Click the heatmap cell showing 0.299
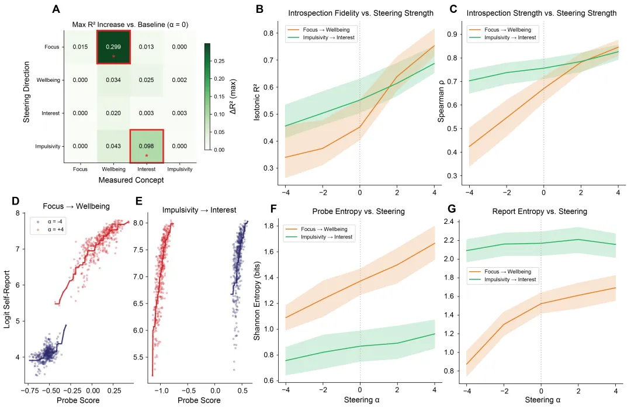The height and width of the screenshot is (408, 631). tap(113, 46)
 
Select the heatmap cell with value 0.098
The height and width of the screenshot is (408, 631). tap(146, 146)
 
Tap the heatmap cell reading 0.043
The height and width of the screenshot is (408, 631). tap(113, 146)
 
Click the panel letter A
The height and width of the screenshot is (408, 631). tap(56, 9)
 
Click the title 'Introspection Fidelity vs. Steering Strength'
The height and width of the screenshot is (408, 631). tap(360, 13)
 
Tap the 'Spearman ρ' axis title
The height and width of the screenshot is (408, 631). tap(442, 105)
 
